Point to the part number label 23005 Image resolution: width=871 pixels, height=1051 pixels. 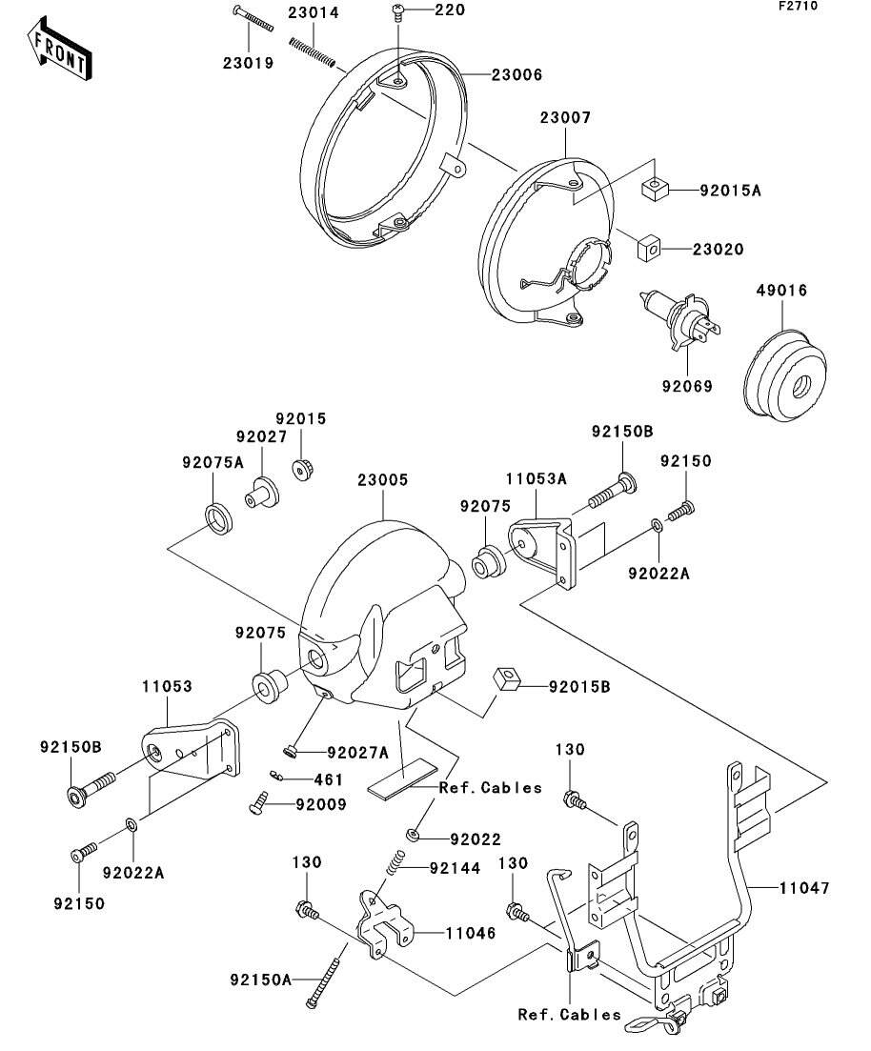click(x=384, y=480)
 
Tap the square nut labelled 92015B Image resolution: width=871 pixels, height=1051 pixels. click(x=506, y=680)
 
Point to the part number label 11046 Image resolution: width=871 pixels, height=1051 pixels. click(x=470, y=934)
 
